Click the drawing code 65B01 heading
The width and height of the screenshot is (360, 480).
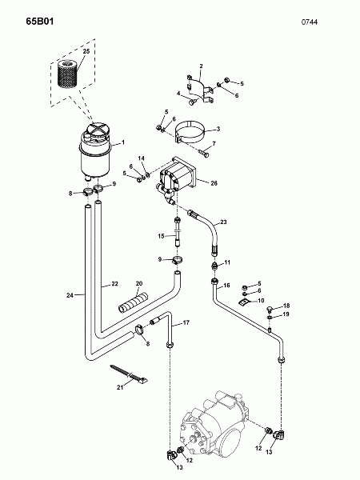(x=40, y=22)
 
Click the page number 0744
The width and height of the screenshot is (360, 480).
(x=309, y=22)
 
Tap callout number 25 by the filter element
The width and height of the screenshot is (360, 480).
(x=86, y=51)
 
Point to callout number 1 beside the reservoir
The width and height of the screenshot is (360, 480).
(x=123, y=142)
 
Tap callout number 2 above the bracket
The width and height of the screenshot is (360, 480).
(x=201, y=66)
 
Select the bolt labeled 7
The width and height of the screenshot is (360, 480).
(x=203, y=153)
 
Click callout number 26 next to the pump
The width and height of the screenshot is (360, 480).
(x=214, y=183)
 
